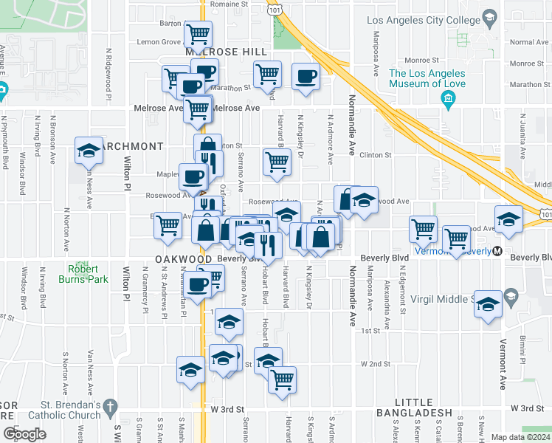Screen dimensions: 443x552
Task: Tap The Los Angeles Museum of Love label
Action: pos(427,78)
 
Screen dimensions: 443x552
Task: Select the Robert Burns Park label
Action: pos(89,274)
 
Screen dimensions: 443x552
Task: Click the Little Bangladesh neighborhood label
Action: pos(413,412)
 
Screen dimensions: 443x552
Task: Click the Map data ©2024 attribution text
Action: pos(520,437)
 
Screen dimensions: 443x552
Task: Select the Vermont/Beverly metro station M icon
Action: pos(498,251)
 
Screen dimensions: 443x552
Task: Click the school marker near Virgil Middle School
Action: pos(488,304)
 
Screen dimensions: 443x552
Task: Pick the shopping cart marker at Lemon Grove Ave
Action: pos(198,33)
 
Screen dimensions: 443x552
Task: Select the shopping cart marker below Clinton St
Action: pos(277,161)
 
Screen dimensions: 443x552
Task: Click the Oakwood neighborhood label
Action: pos(184,260)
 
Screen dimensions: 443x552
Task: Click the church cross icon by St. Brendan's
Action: pos(110,405)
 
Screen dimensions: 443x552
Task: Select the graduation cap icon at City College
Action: pos(489,18)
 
